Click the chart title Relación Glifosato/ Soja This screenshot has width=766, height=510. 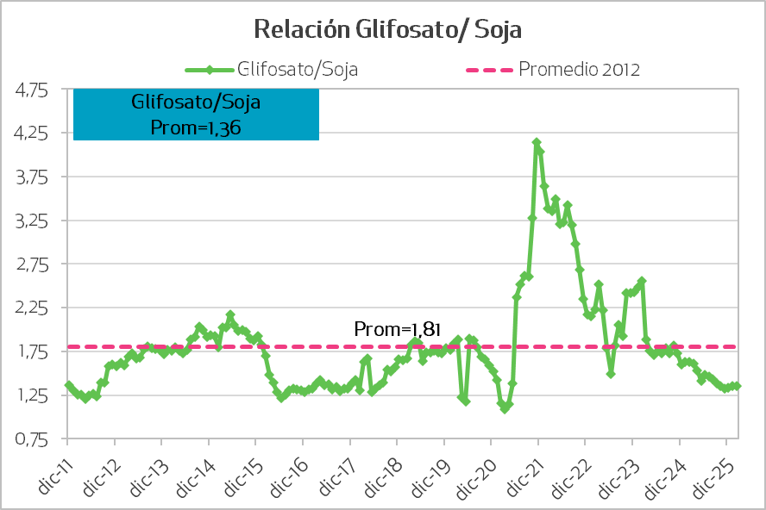point(387,29)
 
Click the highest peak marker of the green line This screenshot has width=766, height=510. point(537,142)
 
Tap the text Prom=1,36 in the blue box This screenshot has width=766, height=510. point(196,127)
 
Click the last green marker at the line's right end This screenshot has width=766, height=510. point(738,387)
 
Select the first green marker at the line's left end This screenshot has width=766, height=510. point(67,384)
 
